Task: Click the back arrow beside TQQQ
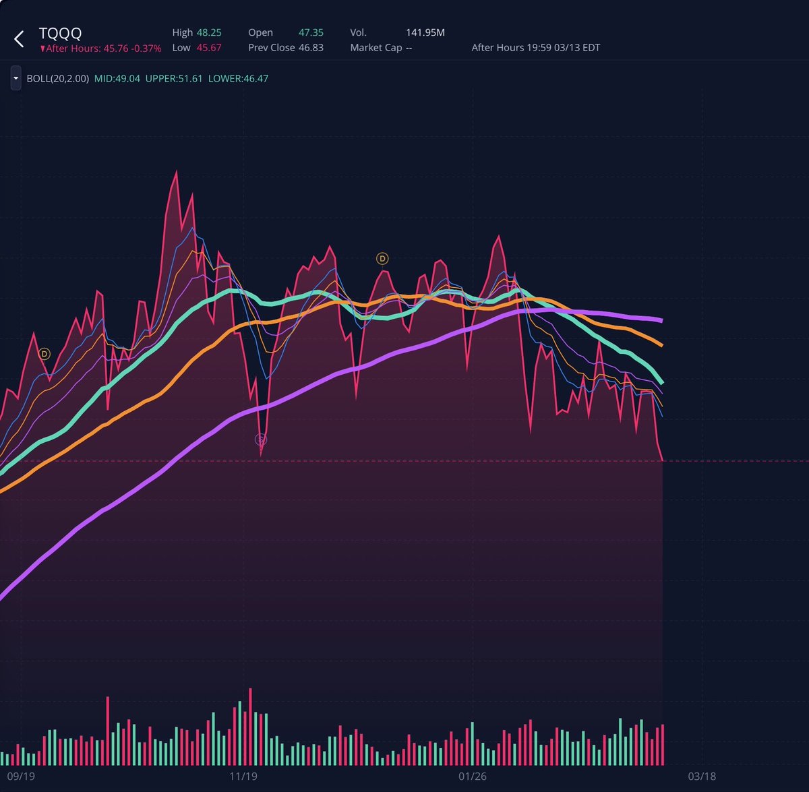click(x=19, y=39)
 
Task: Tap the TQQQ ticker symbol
click(x=60, y=33)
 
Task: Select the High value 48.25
click(x=209, y=32)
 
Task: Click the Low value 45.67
click(x=209, y=48)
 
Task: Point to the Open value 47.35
click(x=311, y=32)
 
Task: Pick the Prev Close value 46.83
click(x=311, y=48)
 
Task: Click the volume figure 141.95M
click(x=425, y=32)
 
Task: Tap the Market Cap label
click(x=376, y=48)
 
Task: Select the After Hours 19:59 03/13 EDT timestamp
click(x=535, y=48)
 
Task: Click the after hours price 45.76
click(x=115, y=49)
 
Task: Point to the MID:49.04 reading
click(x=117, y=79)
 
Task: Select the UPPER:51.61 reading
click(x=174, y=79)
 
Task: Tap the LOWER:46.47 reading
click(x=238, y=79)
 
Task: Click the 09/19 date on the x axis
click(x=21, y=776)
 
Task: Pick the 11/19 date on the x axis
click(x=243, y=776)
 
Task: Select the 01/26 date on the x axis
click(x=472, y=776)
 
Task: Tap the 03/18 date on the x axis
click(x=702, y=776)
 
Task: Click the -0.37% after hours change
click(x=146, y=49)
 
